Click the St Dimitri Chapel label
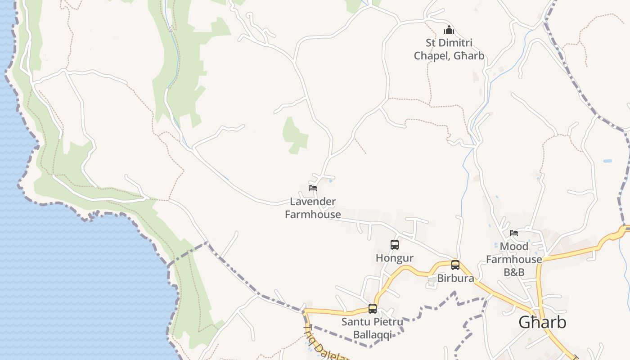tap(449, 49)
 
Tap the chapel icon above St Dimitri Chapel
tap(449, 30)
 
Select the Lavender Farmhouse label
tap(313, 208)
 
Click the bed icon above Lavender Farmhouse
tap(313, 188)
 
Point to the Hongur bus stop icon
tap(395, 245)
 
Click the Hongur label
tap(395, 258)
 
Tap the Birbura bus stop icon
tap(455, 265)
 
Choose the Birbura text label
tap(455, 279)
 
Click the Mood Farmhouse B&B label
tap(514, 259)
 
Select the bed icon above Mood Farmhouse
tap(514, 233)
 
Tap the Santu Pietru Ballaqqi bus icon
tap(373, 309)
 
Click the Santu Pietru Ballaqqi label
tap(372, 328)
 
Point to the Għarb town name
tap(542, 322)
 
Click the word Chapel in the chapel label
tap(432, 56)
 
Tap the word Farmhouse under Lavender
tap(313, 214)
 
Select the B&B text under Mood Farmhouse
tap(514, 272)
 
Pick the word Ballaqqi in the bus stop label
tap(372, 335)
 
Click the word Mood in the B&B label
tap(514, 247)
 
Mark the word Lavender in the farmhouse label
tap(313, 202)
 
